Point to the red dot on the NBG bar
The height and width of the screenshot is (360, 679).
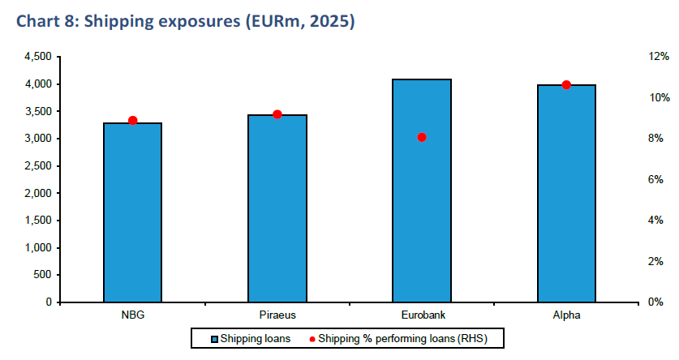[x=133, y=121]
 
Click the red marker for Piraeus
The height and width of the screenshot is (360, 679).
[x=277, y=114]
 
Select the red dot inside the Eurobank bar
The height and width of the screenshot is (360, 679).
[x=422, y=137]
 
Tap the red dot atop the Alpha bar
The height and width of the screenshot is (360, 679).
[x=566, y=85]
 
